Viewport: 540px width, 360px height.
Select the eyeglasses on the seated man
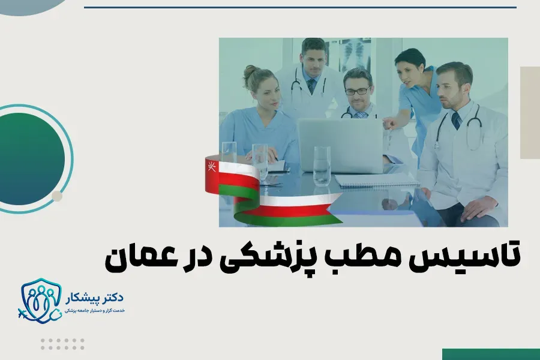[x=358, y=91]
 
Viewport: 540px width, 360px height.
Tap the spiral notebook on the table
[x=377, y=179]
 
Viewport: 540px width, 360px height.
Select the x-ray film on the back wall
[x=355, y=55]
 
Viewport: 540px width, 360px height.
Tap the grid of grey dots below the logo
[x=62, y=344]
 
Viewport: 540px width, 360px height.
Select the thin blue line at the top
[x=300, y=7]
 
